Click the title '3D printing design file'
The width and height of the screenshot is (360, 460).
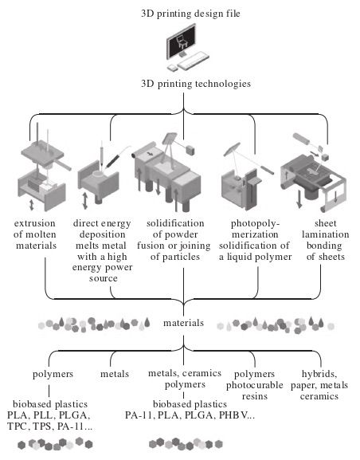click(x=190, y=14)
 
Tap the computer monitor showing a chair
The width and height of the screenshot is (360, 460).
click(x=181, y=41)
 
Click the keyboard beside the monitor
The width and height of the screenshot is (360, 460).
click(x=194, y=61)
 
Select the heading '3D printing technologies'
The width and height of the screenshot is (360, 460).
click(x=196, y=84)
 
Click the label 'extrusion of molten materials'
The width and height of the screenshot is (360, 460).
click(x=35, y=234)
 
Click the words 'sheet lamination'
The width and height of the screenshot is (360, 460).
click(x=326, y=229)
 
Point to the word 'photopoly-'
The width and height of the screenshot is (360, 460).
click(x=256, y=224)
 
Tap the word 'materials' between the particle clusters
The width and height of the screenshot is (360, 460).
click(x=183, y=323)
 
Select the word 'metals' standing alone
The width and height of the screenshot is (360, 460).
click(x=115, y=374)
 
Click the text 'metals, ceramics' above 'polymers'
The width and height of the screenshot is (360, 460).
click(x=185, y=373)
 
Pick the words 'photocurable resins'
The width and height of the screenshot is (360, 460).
click(x=255, y=391)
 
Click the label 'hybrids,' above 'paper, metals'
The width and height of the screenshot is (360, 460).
click(x=319, y=374)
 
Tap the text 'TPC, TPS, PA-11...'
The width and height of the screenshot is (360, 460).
click(x=49, y=427)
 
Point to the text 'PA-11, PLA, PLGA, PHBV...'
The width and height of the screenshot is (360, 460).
click(x=190, y=415)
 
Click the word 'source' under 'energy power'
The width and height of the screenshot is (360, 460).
click(x=104, y=278)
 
